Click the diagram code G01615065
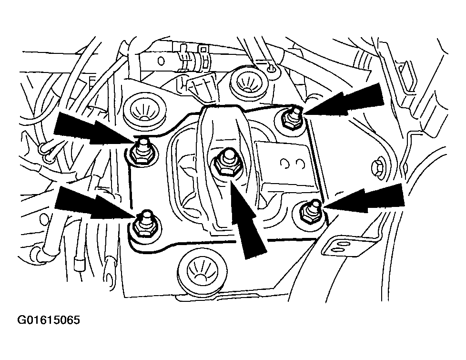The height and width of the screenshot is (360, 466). (x=49, y=320)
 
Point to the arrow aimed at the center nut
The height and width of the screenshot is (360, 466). (x=246, y=217)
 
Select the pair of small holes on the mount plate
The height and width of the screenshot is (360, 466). (x=293, y=164)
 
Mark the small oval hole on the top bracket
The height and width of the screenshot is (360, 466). (x=161, y=62)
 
